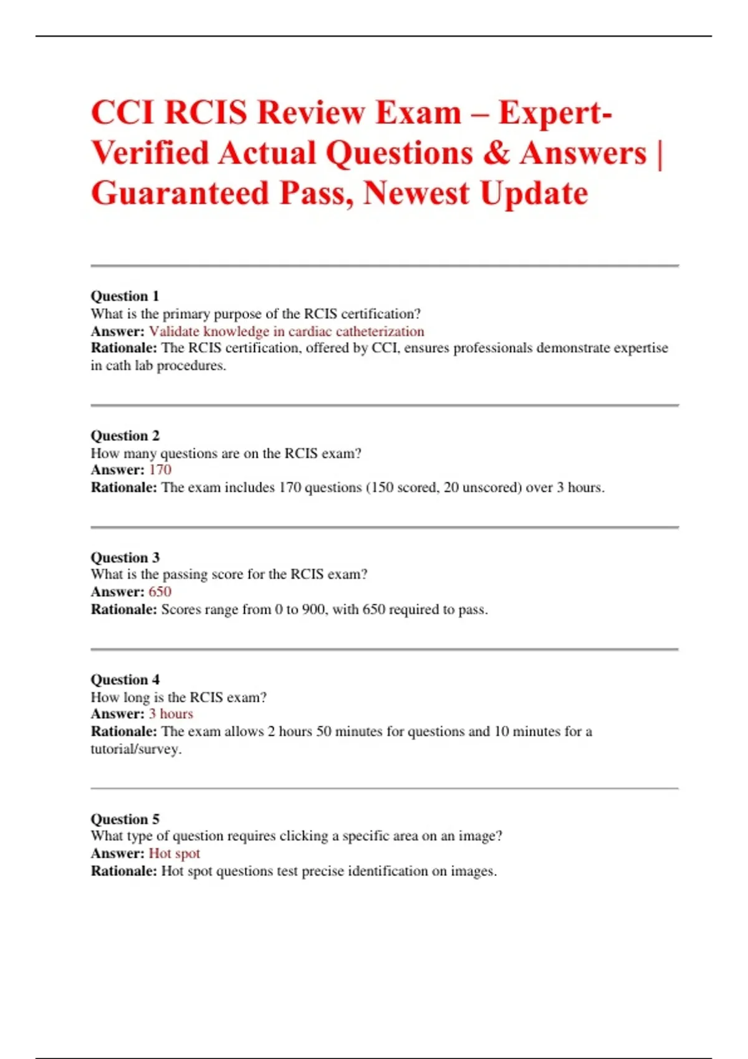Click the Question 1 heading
pos(125,296)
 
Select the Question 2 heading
pos(125,435)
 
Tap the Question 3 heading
pos(125,558)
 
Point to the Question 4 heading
pos(125,680)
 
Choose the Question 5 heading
pos(125,819)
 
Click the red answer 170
pos(160,470)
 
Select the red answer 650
pos(160,592)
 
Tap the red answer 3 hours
pos(171,714)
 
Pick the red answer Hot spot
pos(175,853)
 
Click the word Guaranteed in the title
pos(180,193)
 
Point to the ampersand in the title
pos(496,153)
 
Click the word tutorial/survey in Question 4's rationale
pos(136,749)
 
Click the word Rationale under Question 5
pos(123,871)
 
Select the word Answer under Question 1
pos(117,331)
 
